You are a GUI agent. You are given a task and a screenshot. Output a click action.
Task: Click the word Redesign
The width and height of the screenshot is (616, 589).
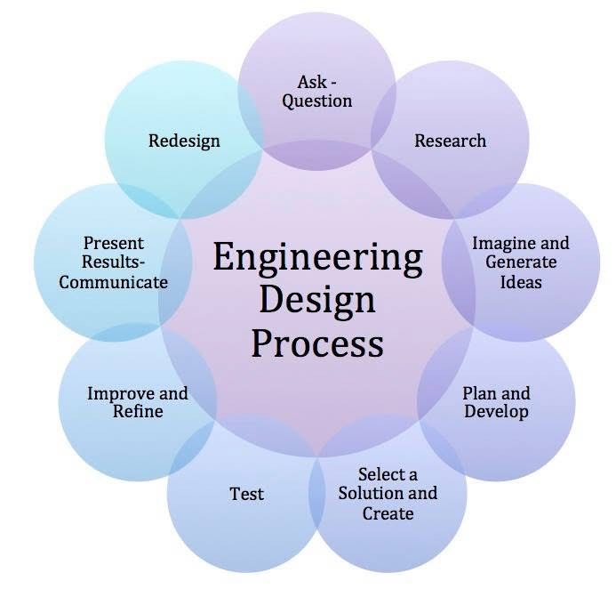(x=184, y=141)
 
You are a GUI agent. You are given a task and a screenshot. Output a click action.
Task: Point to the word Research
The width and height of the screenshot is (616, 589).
(x=450, y=141)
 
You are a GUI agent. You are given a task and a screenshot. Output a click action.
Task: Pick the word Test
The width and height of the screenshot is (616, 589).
(x=247, y=494)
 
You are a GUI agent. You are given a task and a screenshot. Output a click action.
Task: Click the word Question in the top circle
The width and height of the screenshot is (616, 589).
(x=317, y=101)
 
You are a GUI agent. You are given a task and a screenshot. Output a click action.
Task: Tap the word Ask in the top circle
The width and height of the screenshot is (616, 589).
(x=312, y=82)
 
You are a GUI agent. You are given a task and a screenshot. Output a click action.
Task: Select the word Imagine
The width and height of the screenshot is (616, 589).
(x=498, y=244)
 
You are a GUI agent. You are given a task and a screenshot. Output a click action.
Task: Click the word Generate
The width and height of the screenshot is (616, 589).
(x=521, y=262)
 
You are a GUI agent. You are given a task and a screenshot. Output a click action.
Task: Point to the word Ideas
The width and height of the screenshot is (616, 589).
(x=521, y=282)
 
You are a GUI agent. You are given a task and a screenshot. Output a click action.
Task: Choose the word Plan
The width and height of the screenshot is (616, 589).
(x=478, y=393)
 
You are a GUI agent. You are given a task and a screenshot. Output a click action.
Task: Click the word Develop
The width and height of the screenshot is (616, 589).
(x=496, y=413)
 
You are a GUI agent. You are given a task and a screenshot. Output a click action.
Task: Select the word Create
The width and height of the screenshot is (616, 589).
(x=388, y=513)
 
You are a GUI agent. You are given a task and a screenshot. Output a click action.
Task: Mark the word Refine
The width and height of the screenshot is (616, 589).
(x=138, y=412)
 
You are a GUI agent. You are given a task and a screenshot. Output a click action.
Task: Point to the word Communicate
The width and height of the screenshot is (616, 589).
(x=114, y=282)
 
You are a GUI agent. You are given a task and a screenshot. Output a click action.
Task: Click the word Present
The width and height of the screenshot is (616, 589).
(x=114, y=244)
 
